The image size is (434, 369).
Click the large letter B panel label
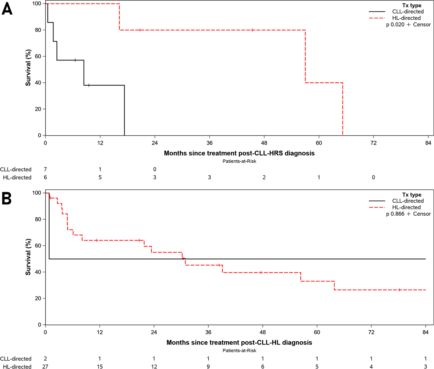7,199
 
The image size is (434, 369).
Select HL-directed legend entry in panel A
407,18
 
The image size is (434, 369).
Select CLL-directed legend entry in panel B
408,201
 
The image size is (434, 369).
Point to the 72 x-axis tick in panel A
373,143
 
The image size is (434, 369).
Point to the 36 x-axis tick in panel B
208,332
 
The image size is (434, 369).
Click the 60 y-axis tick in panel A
38,56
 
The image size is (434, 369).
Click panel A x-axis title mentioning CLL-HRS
239,153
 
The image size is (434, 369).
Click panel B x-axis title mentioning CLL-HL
239,343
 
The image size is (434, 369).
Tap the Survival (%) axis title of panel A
28,68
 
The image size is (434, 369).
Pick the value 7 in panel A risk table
45,169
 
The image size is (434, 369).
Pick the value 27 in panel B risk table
45,366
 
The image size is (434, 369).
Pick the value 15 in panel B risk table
100,366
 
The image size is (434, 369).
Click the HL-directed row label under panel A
17,177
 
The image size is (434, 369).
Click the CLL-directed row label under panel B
16,359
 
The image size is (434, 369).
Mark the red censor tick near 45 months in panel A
253,30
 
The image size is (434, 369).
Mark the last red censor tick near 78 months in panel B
400,290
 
